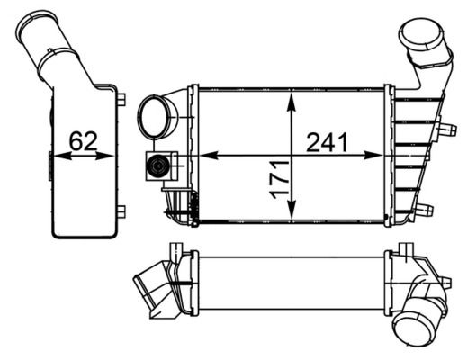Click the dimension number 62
[x=83, y=141]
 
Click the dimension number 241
[x=327, y=142]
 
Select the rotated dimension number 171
[x=279, y=180]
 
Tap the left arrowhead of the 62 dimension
[x=62, y=156]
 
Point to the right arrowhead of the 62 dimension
[x=105, y=156]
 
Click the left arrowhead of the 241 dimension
[x=209, y=156]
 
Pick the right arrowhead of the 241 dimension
[x=373, y=156]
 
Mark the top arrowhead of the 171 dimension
[x=292, y=103]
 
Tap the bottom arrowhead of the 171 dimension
[x=292, y=209]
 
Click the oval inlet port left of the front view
[x=154, y=117]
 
